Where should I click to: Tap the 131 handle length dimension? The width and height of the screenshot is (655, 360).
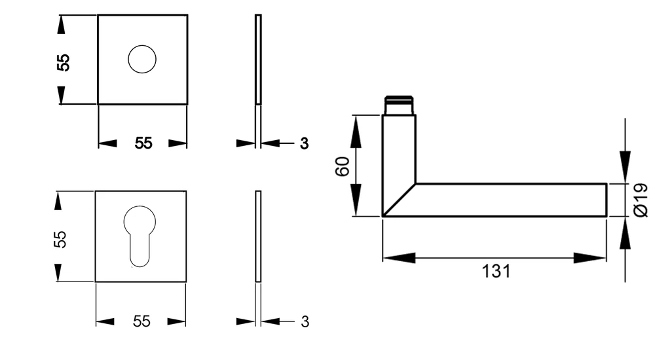point(496,272)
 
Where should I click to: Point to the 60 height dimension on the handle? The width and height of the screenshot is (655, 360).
point(342,166)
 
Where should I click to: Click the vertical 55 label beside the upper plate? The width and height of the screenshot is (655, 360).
point(64,63)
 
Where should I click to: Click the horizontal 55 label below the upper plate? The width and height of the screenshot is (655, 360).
point(143,143)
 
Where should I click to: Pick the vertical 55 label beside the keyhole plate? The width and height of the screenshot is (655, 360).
point(60,240)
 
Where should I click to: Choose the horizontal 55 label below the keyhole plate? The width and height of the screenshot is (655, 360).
point(141,321)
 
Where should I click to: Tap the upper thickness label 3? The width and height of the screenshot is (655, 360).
point(304,143)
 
